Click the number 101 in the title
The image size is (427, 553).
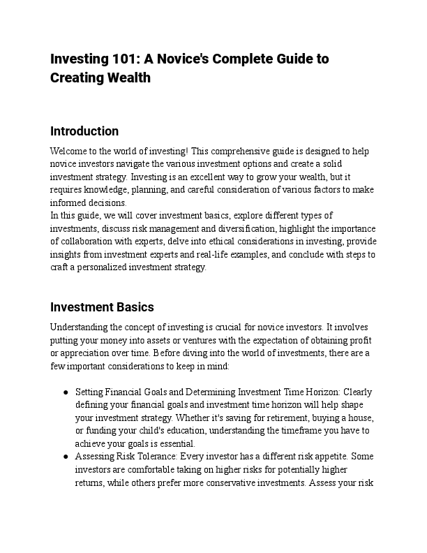coord(117,59)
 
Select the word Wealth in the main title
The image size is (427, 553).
coord(127,78)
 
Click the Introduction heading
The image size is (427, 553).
coord(84,131)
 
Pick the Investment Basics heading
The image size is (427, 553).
coord(102,307)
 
